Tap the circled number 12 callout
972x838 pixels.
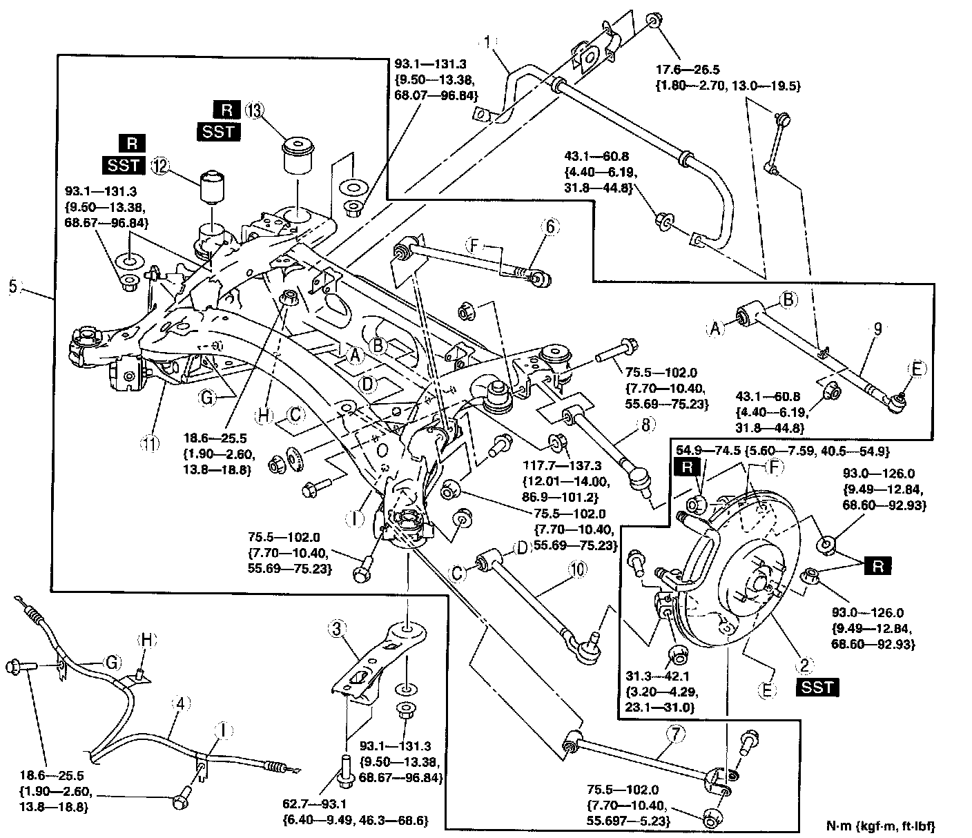tap(160, 165)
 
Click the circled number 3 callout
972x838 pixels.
tap(337, 629)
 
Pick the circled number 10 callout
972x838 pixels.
tap(576, 570)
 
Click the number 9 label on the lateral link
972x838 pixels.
tap(876, 330)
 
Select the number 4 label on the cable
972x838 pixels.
tap(181, 704)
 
